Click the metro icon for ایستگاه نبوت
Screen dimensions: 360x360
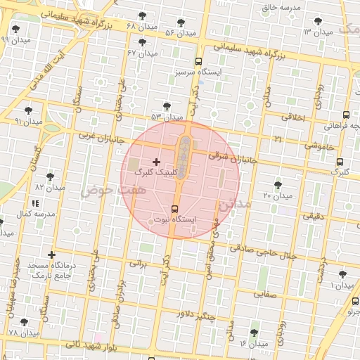tap(175, 209)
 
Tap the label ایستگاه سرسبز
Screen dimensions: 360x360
tap(198, 72)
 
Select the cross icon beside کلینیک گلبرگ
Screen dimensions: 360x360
tap(156, 162)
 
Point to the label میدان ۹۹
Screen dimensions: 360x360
tap(14, 39)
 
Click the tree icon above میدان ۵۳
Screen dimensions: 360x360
tap(167, 107)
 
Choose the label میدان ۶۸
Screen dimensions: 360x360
tap(141, 26)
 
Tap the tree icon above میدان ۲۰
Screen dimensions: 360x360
tap(278, 185)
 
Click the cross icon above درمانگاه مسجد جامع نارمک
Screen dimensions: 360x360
tap(51, 255)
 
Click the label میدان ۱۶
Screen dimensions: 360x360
tap(253, 344)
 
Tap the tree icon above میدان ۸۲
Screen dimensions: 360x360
tap(50, 177)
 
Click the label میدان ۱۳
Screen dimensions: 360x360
tap(318, 32)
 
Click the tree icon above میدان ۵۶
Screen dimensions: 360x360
tap(181, 22)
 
